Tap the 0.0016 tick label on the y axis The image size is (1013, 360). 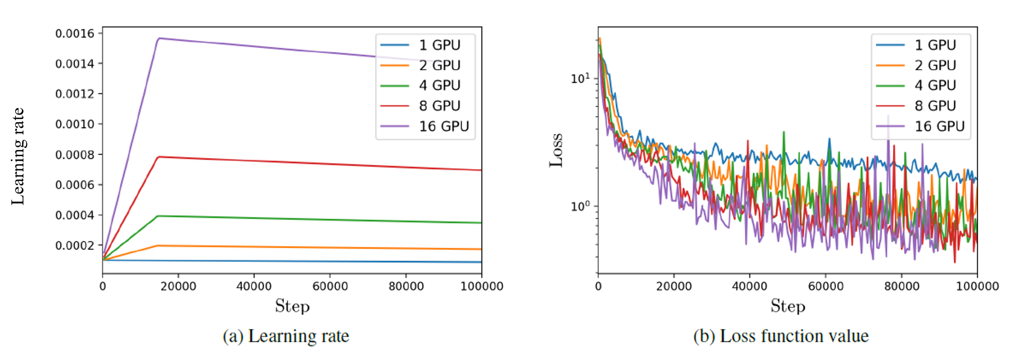(x=75, y=33)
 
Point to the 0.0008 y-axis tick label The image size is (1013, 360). (x=75, y=155)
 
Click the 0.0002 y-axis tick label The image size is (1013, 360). (x=75, y=245)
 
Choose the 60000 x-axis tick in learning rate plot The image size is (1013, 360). (x=330, y=286)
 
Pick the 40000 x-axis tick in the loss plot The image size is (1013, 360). (x=749, y=286)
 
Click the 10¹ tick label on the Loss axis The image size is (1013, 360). (x=580, y=78)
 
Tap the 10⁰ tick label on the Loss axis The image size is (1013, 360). (x=580, y=207)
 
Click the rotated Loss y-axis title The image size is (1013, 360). (x=556, y=150)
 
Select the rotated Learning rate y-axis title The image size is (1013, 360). (x=18, y=156)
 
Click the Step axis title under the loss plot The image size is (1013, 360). (x=788, y=306)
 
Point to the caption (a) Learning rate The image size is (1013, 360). (x=285, y=336)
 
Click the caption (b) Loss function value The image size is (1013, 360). (x=781, y=336)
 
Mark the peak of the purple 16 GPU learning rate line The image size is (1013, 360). (x=159, y=38)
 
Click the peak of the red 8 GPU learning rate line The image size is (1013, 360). (x=159, y=157)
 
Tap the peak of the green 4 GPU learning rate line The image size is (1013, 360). (x=159, y=216)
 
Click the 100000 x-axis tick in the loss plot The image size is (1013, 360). (x=977, y=286)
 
